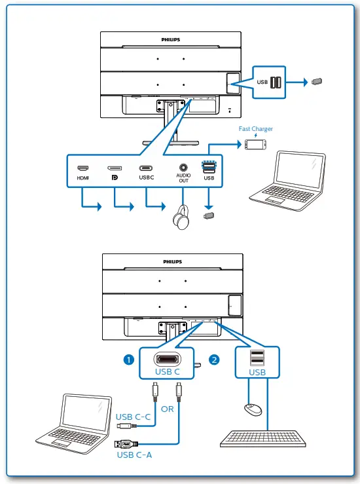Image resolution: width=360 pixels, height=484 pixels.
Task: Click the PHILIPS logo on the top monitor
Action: [x=171, y=39]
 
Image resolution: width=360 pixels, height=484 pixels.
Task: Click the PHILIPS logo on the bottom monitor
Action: [x=173, y=261]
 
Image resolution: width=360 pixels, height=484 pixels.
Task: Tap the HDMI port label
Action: [x=82, y=177]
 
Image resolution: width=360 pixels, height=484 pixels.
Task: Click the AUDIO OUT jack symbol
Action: [x=183, y=168]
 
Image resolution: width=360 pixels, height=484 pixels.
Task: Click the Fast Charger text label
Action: [x=255, y=129]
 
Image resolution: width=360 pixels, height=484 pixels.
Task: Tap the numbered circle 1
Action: [x=129, y=359]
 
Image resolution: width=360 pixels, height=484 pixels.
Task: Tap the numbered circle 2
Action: [x=213, y=359]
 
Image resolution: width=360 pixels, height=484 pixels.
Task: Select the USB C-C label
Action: [x=134, y=417]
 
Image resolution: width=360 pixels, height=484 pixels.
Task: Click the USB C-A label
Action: [x=135, y=455]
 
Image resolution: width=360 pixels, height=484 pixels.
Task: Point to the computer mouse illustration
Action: [x=252, y=409]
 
